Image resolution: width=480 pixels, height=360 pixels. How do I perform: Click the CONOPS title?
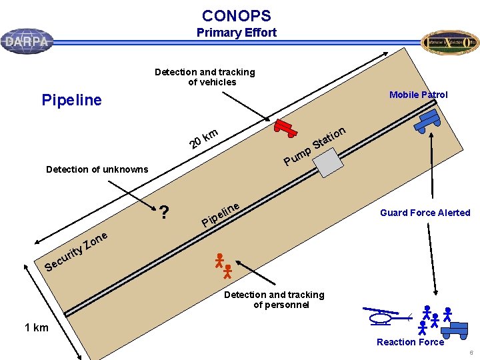click(236, 16)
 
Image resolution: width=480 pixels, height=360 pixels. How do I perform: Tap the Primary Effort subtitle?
click(236, 33)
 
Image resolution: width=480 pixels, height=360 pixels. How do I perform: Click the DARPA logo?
click(27, 41)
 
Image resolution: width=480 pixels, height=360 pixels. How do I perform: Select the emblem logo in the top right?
click(450, 43)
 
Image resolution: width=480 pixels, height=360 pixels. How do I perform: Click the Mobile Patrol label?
click(418, 95)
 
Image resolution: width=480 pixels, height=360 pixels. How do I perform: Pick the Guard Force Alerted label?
click(425, 213)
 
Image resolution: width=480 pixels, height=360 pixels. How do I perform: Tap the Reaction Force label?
click(410, 342)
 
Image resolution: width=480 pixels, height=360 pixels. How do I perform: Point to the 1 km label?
click(36, 327)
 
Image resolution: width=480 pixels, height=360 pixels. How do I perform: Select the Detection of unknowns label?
click(97, 169)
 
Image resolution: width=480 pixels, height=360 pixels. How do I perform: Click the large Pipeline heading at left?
click(71, 101)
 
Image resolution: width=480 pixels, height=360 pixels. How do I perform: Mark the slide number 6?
click(471, 353)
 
